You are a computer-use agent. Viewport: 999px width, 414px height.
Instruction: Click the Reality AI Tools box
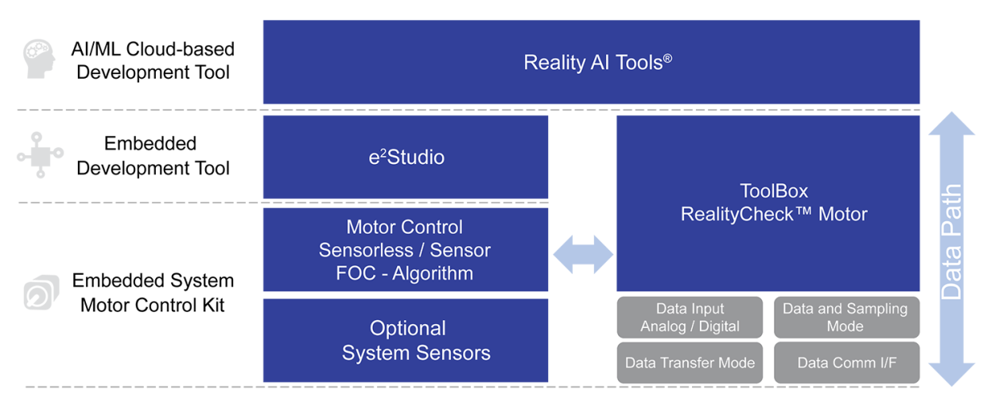click(x=591, y=62)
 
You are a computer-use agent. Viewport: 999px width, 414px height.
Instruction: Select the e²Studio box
click(x=405, y=157)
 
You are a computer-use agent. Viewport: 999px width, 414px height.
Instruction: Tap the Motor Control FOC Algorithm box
click(x=405, y=250)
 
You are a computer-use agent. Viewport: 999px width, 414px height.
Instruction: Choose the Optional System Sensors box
click(x=405, y=341)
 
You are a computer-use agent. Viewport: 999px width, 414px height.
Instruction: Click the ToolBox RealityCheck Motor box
click(x=768, y=203)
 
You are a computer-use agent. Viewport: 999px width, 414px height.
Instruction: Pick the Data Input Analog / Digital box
click(x=690, y=318)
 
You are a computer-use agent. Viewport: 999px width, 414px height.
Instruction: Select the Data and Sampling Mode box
click(x=845, y=318)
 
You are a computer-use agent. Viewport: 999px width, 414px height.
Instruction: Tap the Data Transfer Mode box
click(x=690, y=363)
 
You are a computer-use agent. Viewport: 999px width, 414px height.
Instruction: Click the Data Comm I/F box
click(x=845, y=363)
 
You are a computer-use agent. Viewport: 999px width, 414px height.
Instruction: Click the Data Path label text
click(x=951, y=243)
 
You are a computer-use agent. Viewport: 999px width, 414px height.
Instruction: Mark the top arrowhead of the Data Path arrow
click(x=951, y=125)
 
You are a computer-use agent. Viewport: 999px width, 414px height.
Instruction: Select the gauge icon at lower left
click(x=41, y=293)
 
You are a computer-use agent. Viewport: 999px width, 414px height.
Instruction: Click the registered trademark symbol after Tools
click(x=667, y=57)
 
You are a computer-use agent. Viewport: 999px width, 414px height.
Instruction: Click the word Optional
click(x=407, y=328)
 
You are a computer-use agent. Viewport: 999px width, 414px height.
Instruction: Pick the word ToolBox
click(x=774, y=191)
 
